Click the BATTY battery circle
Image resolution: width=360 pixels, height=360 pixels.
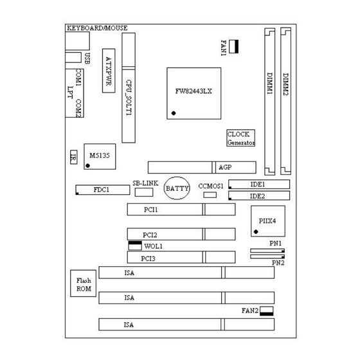177,188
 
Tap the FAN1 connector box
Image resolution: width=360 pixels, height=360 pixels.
234,46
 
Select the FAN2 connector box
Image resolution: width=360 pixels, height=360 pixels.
267,311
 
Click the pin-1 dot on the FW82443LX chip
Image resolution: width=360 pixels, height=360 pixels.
174,113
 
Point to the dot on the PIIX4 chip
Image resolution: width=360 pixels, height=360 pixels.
256,231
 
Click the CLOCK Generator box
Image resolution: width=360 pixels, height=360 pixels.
240,138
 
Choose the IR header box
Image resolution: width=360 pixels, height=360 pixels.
73,157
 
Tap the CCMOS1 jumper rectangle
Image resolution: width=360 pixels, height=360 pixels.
210,195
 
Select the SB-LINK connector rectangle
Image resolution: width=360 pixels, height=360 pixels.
144,192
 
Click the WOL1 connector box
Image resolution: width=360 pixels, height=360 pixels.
135,246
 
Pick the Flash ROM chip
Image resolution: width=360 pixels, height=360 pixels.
83,283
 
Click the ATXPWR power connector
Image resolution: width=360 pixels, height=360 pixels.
109,71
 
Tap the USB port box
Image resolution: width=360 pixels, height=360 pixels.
73,57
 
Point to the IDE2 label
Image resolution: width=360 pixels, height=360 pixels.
257,196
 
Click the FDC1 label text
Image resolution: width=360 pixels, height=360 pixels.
102,190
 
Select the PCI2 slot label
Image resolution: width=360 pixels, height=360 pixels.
150,235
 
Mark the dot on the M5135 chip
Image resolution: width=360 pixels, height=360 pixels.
87,166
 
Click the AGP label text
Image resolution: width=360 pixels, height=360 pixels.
225,167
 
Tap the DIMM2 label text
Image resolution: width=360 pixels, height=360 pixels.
285,84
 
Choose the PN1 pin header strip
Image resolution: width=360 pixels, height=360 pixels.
267,251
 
